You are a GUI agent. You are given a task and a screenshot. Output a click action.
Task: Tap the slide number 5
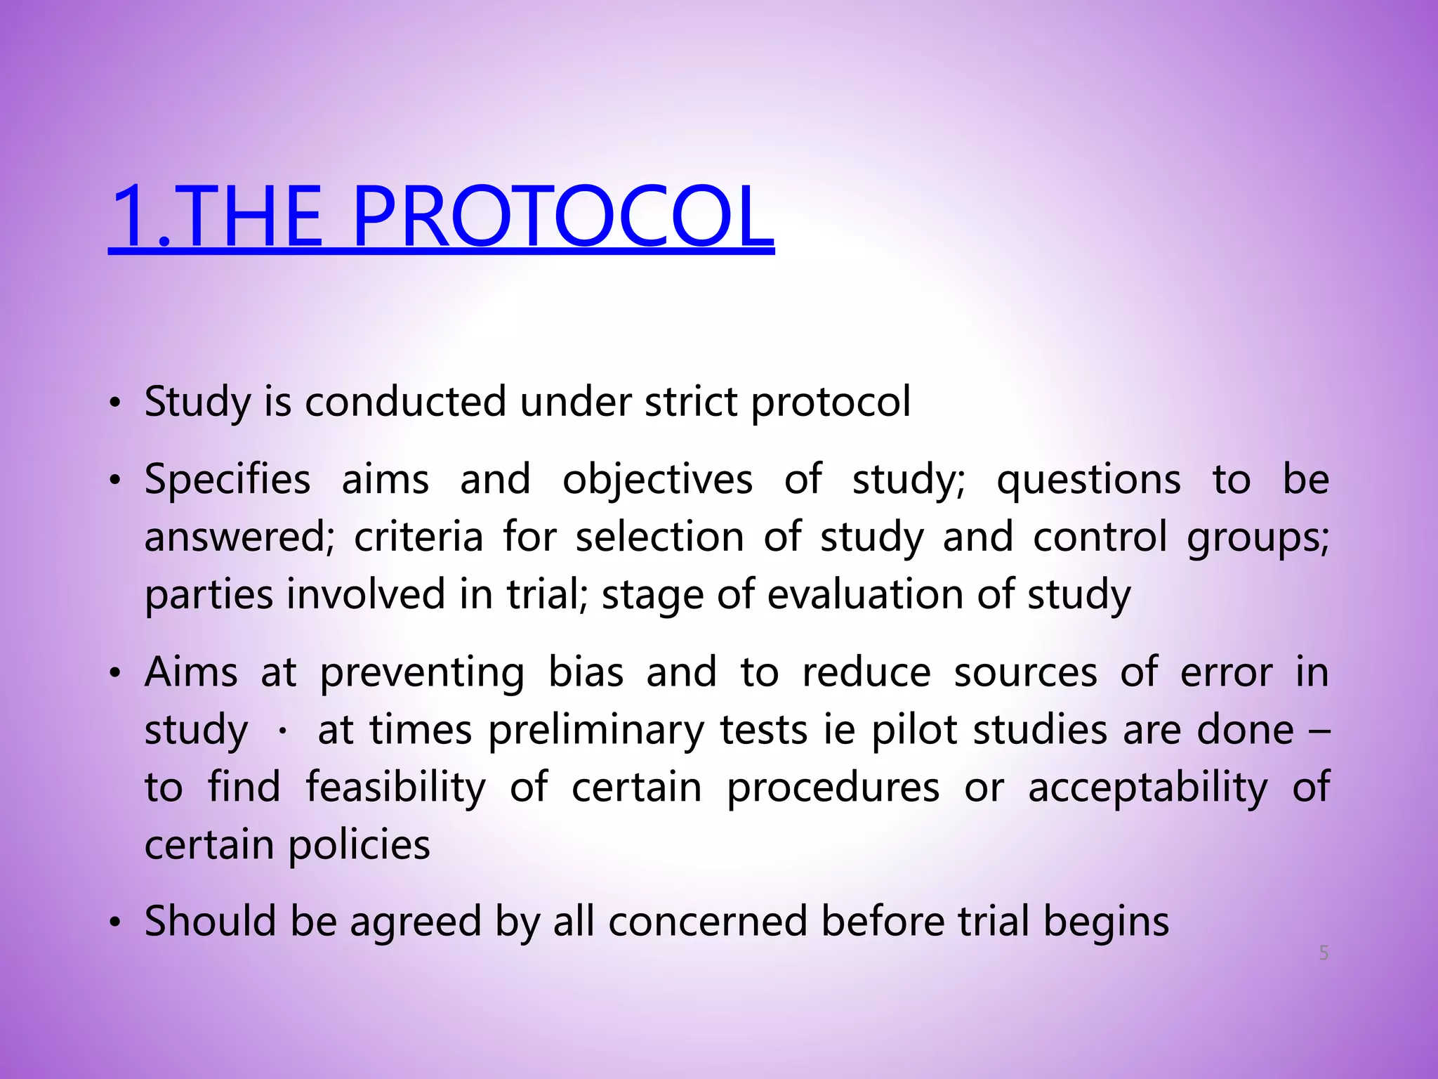coord(1324,953)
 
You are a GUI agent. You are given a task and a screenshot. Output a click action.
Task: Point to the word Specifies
coord(227,480)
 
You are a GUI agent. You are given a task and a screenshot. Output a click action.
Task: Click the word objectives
coord(657,480)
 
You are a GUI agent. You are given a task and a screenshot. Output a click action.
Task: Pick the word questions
coord(1088,480)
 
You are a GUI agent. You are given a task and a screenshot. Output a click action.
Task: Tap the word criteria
coord(418,537)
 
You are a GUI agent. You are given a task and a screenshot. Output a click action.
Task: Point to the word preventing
coord(422,673)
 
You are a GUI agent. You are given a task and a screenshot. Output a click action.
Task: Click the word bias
coord(586,672)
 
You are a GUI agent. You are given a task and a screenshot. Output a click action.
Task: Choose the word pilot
coord(914,730)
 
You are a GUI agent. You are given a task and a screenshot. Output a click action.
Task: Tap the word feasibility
coord(395,787)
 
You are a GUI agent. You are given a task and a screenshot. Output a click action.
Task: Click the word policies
coord(359,844)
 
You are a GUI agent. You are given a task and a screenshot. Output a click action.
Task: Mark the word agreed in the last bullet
coord(416,922)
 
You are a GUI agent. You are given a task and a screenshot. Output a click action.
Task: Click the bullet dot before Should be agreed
coord(116,922)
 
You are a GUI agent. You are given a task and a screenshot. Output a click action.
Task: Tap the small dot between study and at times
coord(282,732)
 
